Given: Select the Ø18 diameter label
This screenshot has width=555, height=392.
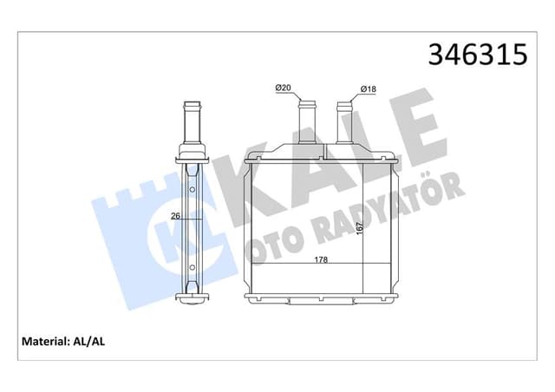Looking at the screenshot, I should (368, 89).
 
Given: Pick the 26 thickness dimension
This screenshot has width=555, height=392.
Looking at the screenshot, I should (176, 216).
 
